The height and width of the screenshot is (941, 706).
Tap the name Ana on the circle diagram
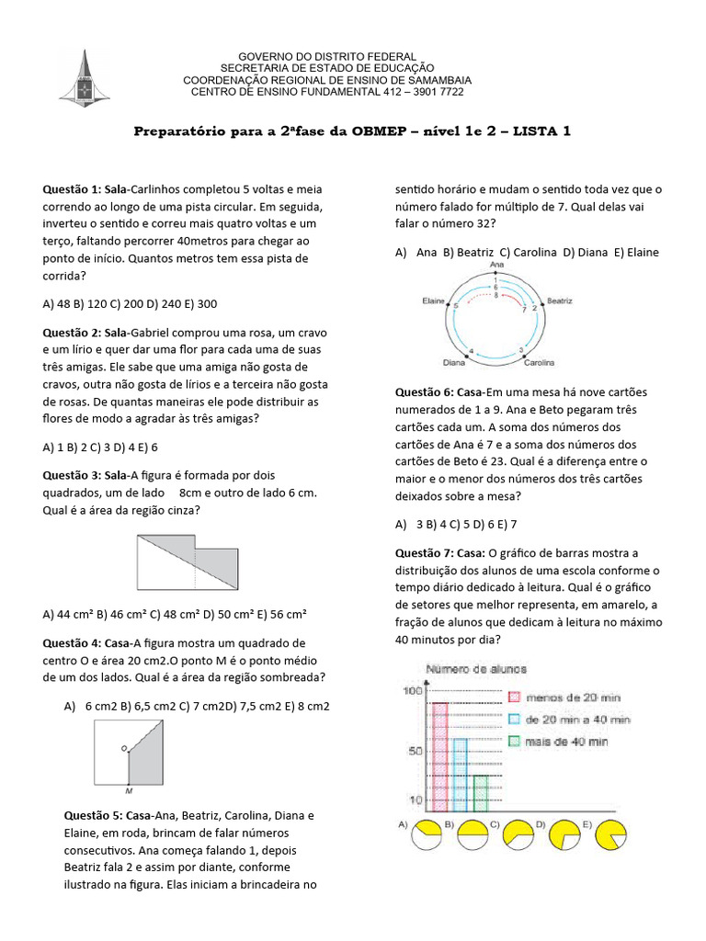pyautogui.click(x=497, y=265)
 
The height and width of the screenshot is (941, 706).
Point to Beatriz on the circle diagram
pyautogui.click(x=559, y=300)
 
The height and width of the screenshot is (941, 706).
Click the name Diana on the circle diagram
pyautogui.click(x=454, y=362)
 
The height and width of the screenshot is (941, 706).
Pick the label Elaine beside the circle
pyautogui.click(x=433, y=300)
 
